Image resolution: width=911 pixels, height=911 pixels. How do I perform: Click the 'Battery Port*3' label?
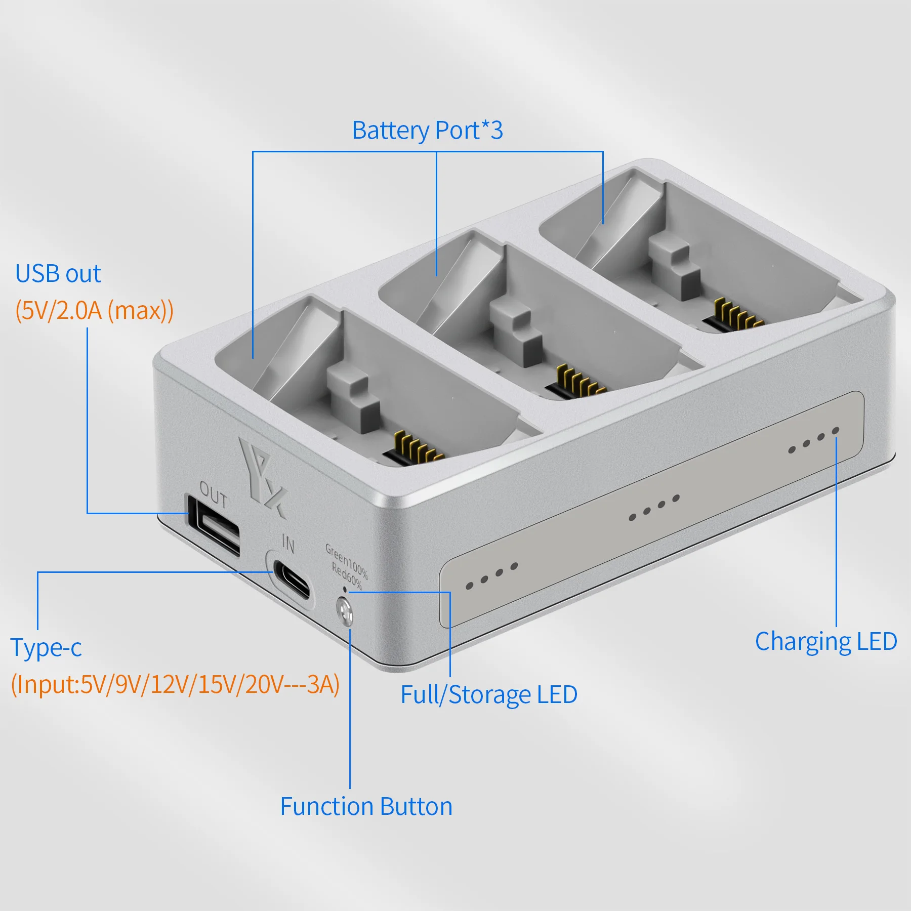(428, 131)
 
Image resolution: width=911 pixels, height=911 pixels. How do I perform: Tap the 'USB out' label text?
(58, 274)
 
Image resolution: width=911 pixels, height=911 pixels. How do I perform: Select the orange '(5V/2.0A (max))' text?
(94, 310)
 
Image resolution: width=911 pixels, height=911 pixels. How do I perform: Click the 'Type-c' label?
(46, 647)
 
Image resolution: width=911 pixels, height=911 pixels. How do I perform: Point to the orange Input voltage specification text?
(175, 684)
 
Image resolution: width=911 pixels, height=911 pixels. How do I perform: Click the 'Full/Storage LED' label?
(489, 694)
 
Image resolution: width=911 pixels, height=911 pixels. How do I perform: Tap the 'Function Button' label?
(366, 806)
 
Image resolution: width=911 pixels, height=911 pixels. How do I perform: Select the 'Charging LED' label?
(826, 641)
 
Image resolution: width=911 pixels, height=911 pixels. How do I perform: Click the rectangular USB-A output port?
(214, 526)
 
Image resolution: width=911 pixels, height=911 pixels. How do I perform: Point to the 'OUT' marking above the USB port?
(213, 494)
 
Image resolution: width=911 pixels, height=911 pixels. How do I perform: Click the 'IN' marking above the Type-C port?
(288, 543)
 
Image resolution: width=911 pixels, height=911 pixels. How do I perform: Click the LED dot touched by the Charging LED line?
(836, 430)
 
